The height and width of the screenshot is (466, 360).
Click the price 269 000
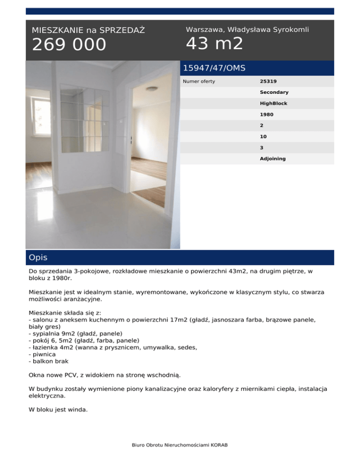[x=69, y=45]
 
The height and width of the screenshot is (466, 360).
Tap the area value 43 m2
[x=214, y=44]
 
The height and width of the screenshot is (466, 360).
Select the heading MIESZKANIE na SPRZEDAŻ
[x=88, y=30]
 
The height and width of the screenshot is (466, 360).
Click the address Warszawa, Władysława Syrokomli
[x=247, y=30]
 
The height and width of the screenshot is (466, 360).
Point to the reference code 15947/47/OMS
[x=214, y=68]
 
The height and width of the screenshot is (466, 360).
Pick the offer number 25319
[x=268, y=82]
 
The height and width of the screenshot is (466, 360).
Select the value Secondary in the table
[x=274, y=92]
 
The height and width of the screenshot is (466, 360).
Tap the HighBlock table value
[x=274, y=103]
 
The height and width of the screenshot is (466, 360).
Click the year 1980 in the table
[x=267, y=114]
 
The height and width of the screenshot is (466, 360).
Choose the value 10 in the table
[x=263, y=136]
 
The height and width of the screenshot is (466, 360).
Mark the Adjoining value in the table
[x=273, y=158]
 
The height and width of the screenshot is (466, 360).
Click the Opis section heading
[x=38, y=257]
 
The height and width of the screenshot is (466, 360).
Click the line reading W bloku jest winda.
[x=58, y=409]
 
